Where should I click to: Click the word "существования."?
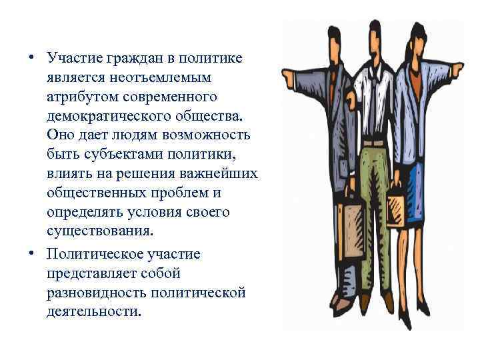click(100, 231)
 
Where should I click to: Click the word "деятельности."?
click(95, 312)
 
